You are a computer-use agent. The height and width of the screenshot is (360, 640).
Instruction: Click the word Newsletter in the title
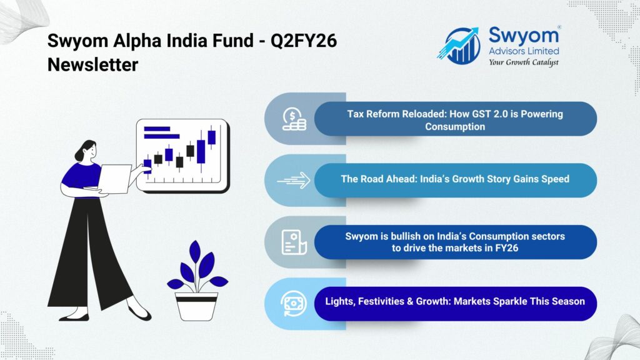[x=92, y=64]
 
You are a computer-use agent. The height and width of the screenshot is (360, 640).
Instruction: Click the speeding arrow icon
[x=293, y=180]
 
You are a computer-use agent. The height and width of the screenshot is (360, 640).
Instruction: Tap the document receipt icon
[x=293, y=242]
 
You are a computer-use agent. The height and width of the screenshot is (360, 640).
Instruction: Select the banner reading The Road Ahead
[x=455, y=179]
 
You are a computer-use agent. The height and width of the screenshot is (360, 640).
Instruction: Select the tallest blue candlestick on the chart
[x=201, y=151]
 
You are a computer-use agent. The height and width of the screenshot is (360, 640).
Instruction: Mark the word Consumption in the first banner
[x=455, y=126]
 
